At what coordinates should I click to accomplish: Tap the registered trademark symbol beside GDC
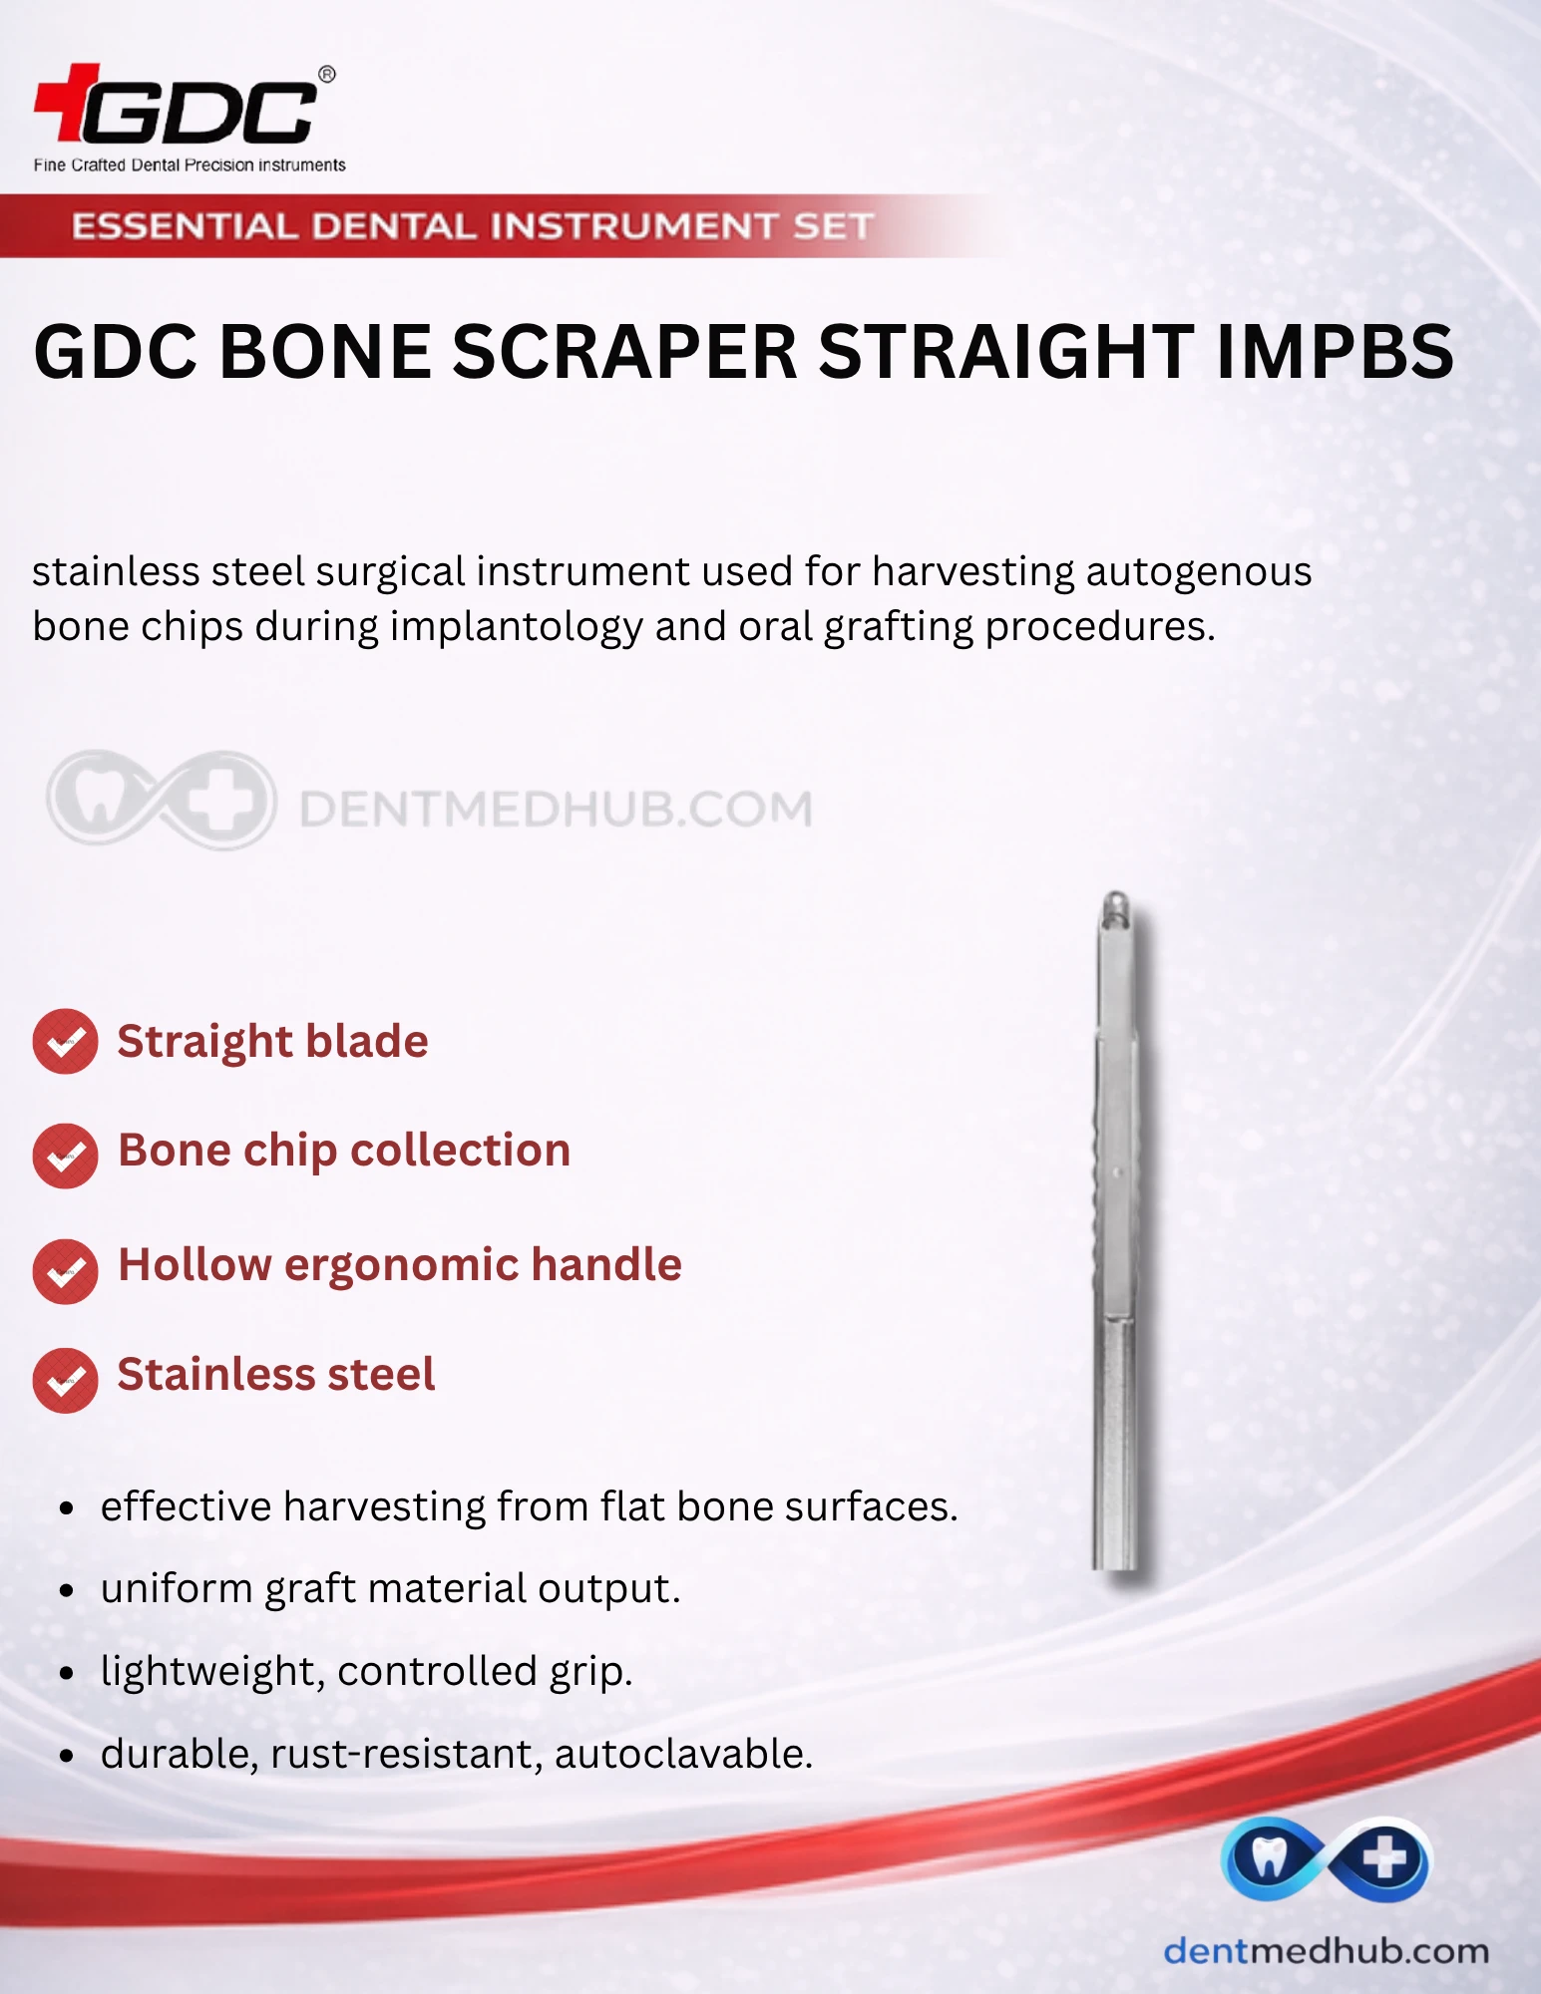[x=326, y=74]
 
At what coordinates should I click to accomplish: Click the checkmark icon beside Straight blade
[x=65, y=1042]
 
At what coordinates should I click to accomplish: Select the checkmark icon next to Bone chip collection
[x=65, y=1156]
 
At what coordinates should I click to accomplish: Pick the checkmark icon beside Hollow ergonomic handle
[x=65, y=1271]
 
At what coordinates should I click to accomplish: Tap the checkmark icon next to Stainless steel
[x=65, y=1381]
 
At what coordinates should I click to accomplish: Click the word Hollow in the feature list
[x=194, y=1264]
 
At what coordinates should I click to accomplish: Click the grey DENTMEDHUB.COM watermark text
[x=557, y=809]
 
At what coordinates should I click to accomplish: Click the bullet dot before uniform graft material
[x=67, y=1591]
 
